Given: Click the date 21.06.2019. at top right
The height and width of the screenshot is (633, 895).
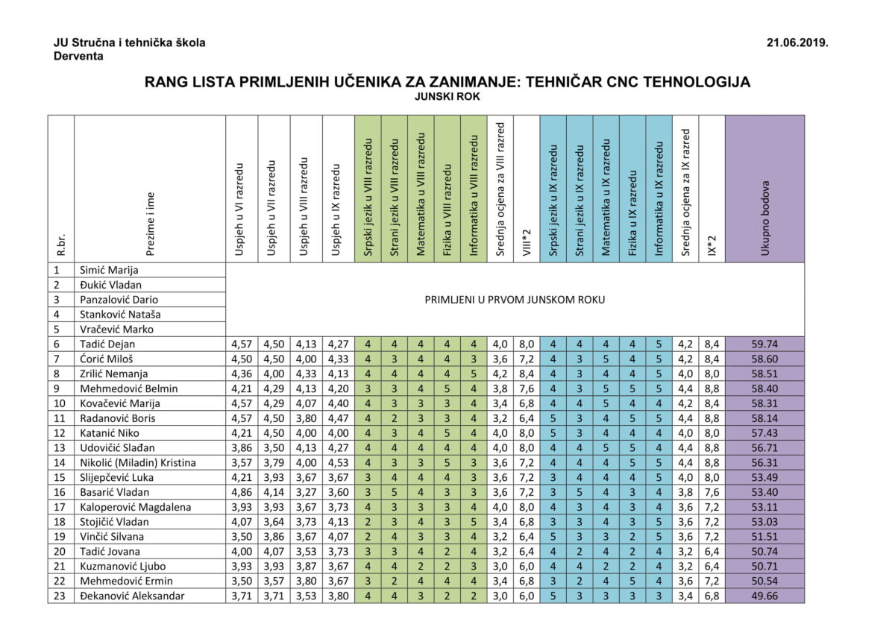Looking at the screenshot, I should pyautogui.click(x=797, y=42).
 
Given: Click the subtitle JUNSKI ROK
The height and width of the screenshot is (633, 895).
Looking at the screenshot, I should pyautogui.click(x=447, y=96).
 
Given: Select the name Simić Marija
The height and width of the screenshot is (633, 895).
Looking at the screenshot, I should pyautogui.click(x=109, y=270).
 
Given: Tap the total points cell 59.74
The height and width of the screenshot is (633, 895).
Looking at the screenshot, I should pyautogui.click(x=764, y=344).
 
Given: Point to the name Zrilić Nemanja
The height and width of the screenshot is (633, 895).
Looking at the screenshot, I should pyautogui.click(x=114, y=374).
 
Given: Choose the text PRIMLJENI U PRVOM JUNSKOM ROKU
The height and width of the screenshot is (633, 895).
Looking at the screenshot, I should pyautogui.click(x=515, y=300).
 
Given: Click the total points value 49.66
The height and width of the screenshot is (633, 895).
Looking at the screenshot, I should pyautogui.click(x=764, y=596).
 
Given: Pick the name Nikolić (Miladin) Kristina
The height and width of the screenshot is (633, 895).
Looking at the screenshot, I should pyautogui.click(x=138, y=462).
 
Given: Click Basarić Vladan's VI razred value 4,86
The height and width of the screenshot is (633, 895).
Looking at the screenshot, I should pyautogui.click(x=242, y=492).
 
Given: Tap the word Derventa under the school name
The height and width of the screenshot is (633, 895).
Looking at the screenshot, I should pyautogui.click(x=78, y=56).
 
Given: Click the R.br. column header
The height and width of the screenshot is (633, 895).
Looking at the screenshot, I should pyautogui.click(x=61, y=245).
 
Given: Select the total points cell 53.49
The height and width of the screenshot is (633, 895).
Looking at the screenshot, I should pyautogui.click(x=764, y=477).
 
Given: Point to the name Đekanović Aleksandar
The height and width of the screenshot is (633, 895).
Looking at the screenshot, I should pyautogui.click(x=132, y=596).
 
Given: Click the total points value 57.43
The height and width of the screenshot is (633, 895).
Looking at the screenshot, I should pyautogui.click(x=764, y=432).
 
